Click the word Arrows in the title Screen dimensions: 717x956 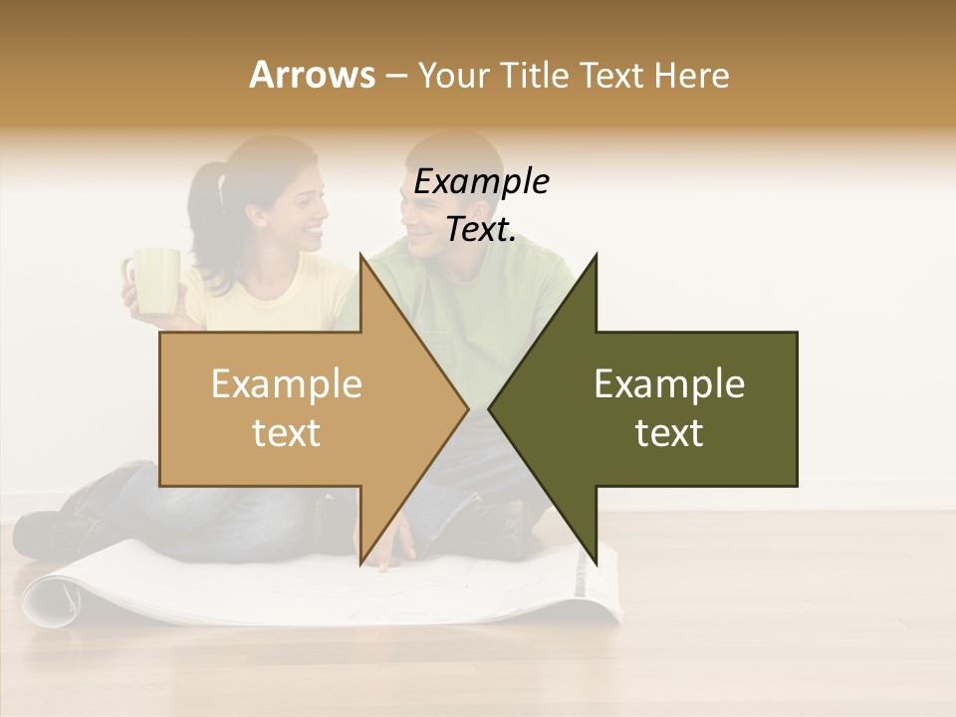(313, 75)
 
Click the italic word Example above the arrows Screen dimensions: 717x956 (481, 182)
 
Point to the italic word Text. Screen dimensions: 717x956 (481, 229)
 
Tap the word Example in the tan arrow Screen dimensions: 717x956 (287, 384)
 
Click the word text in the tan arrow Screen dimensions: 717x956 (287, 433)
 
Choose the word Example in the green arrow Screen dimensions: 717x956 (669, 384)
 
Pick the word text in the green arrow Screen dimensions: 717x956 (669, 433)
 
